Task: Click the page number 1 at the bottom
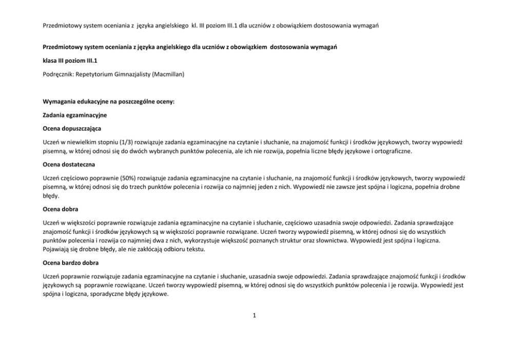pos(254,315)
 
